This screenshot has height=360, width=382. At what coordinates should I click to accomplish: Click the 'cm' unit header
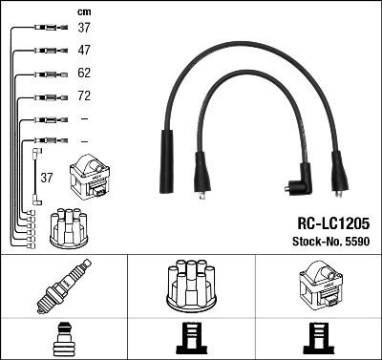click(83, 11)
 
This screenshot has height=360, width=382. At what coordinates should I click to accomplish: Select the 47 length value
click(84, 50)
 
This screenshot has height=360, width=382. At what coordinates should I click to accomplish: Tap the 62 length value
click(84, 73)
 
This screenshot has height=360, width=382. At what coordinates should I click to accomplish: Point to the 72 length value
click(84, 96)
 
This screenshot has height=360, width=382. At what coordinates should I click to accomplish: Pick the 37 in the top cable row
click(84, 27)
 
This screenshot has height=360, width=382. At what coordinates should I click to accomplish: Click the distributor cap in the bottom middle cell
click(191, 284)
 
